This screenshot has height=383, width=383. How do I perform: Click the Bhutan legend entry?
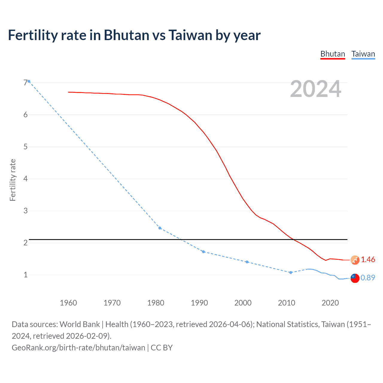point(332,54)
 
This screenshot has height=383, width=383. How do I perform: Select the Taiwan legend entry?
point(363,54)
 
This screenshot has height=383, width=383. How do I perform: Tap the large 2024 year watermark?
point(315,89)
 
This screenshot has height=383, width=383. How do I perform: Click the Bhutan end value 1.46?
point(368,259)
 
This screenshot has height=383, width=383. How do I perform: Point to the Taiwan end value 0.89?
point(368,278)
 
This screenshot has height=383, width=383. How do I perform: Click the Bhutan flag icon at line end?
point(355,260)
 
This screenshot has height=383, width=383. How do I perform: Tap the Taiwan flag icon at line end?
point(355,278)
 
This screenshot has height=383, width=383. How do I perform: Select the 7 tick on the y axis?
point(25,83)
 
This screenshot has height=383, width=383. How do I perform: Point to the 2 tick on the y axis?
point(25,243)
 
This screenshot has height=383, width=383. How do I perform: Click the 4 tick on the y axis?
point(25,179)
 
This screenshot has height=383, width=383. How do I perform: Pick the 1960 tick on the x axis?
point(69,303)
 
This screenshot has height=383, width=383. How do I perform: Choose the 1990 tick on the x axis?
point(199,303)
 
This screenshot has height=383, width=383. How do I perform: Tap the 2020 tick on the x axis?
point(330,303)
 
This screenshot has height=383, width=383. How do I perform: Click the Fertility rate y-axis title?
point(13,180)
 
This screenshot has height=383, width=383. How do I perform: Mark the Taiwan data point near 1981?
point(160,228)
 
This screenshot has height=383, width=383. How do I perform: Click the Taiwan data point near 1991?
point(203,252)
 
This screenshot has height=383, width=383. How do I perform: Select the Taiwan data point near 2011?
point(291,272)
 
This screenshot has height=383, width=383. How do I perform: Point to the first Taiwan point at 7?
point(29,81)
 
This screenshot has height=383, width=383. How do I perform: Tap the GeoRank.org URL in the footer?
point(78,347)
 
